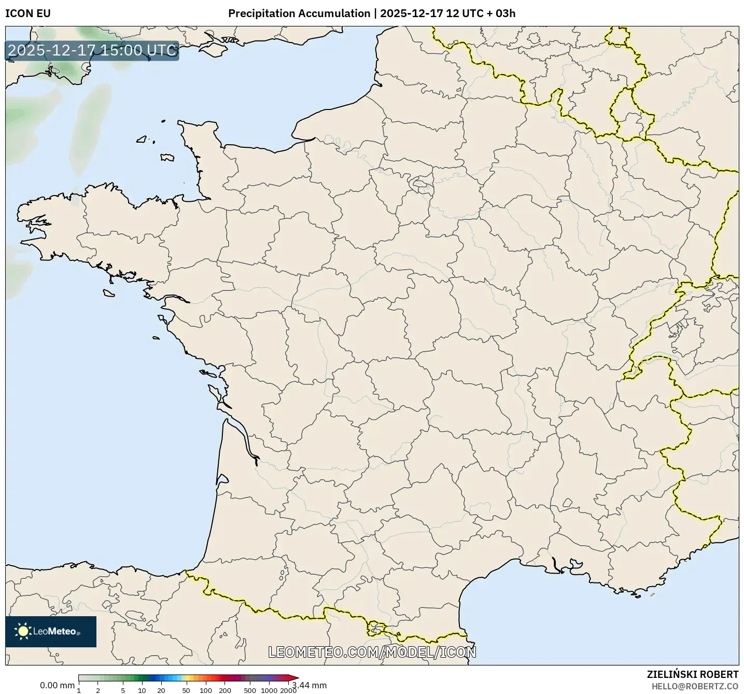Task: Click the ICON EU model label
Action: click(28, 13)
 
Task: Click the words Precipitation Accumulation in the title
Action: click(299, 13)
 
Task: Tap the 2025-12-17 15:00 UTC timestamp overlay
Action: click(92, 51)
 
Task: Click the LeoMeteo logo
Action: click(50, 631)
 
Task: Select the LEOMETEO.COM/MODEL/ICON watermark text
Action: click(372, 652)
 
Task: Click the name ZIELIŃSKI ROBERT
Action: click(693, 674)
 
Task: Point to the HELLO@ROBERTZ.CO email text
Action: click(695, 686)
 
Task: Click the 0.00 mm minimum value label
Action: click(57, 685)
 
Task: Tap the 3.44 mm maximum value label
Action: click(310, 685)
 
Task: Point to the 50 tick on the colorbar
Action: click(186, 690)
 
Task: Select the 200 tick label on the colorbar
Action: click(225, 690)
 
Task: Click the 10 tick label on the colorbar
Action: click(142, 690)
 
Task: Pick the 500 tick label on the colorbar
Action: click(250, 690)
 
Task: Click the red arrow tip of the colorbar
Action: click(296, 677)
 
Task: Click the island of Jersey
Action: click(167, 157)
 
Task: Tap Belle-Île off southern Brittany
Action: click(108, 293)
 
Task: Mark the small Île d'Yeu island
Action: click(156, 338)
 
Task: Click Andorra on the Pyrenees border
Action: click(376, 629)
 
